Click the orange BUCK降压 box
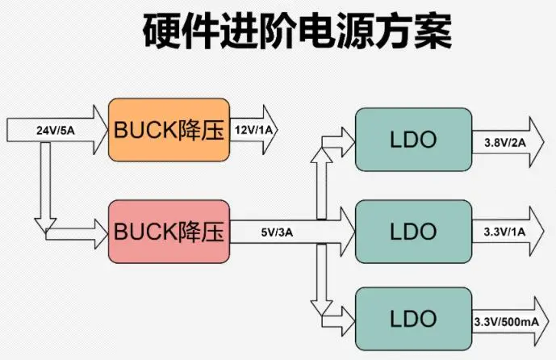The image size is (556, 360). coord(169,130)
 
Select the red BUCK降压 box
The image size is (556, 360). coord(169,232)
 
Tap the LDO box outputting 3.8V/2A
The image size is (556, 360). coord(413,140)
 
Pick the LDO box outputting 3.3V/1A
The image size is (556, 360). coord(413,232)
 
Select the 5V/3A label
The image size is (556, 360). coord(277,232)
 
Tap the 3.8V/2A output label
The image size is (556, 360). coord(504,142)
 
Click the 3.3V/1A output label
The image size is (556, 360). coord(504,232)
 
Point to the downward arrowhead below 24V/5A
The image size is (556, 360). coord(45,220)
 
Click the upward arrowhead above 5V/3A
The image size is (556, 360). coord(321,154)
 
